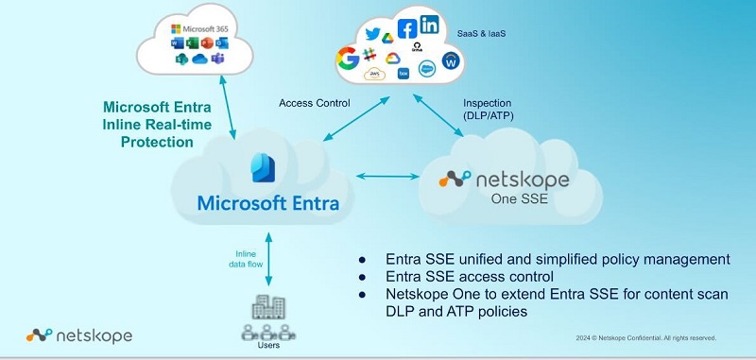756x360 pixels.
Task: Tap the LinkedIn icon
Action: point(429,26)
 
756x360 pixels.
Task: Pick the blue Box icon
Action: point(404,73)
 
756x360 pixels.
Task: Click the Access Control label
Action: point(314,103)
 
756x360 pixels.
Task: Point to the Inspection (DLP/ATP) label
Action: point(489,109)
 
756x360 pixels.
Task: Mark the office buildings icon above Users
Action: point(269,308)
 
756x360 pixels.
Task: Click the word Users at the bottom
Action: point(269,347)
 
